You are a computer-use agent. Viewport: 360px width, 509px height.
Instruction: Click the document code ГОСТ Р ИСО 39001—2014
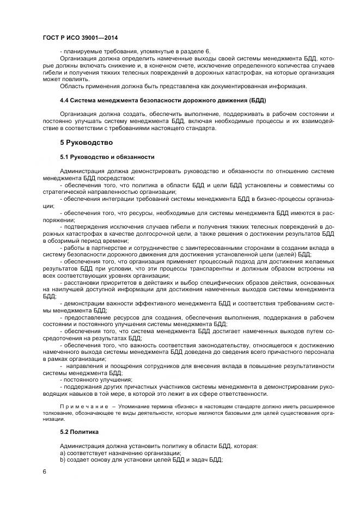coord(80,39)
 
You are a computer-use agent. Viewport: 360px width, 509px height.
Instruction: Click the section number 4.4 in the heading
coord(64,101)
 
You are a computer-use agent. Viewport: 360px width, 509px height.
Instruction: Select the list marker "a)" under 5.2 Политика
coord(63,453)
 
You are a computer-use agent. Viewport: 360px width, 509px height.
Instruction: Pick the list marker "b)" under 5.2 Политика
coord(63,460)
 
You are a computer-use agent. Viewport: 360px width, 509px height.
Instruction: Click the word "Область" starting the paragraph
coord(72,86)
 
